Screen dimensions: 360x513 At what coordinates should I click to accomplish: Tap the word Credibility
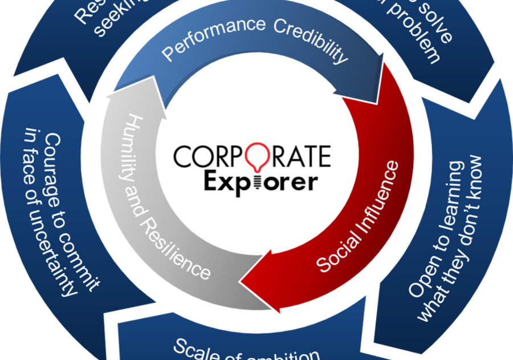310,41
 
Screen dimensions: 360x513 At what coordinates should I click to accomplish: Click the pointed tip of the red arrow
242,280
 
